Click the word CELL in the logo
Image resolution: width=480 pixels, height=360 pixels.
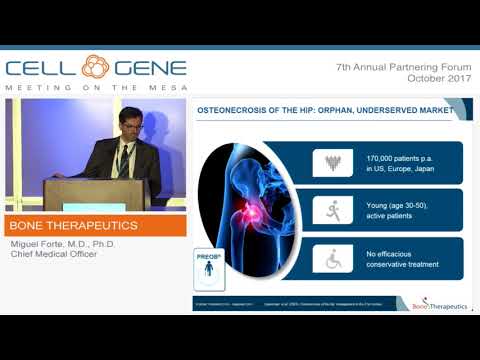pos(41,68)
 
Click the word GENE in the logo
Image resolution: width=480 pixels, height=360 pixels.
pos(148,68)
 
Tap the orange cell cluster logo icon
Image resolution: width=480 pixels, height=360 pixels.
pos(95,68)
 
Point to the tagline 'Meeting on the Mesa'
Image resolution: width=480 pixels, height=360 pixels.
pos(95,88)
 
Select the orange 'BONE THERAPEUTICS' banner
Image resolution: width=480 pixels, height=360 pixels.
pos(94,226)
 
